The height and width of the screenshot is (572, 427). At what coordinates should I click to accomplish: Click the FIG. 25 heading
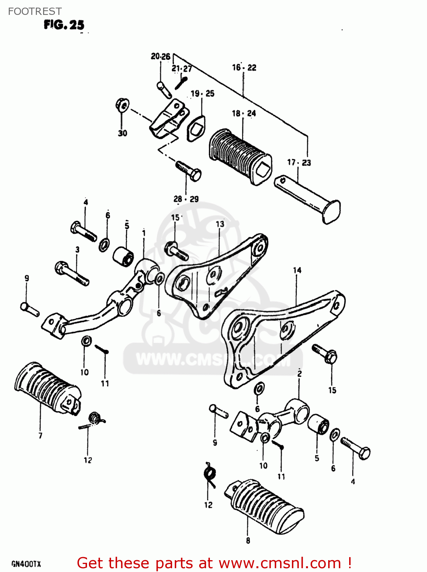click(x=64, y=25)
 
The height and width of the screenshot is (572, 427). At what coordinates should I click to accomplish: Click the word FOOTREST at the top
click(x=35, y=11)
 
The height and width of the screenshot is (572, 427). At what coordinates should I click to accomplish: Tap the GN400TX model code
click(x=26, y=564)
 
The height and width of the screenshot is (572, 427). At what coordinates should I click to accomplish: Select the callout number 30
click(x=122, y=133)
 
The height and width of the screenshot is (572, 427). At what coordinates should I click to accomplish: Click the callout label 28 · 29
click(x=186, y=199)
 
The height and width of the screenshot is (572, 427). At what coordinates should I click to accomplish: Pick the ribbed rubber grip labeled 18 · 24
click(x=239, y=156)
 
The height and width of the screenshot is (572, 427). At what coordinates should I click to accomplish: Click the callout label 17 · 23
click(x=299, y=163)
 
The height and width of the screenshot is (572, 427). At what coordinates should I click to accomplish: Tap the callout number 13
click(x=220, y=224)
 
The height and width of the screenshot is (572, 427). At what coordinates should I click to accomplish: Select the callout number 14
click(x=297, y=270)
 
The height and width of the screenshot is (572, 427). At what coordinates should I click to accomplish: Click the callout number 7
click(x=40, y=435)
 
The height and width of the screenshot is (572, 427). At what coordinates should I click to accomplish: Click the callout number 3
click(x=77, y=250)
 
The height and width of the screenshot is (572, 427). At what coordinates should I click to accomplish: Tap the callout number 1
click(x=143, y=233)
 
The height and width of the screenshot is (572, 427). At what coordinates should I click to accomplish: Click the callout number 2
click(x=300, y=374)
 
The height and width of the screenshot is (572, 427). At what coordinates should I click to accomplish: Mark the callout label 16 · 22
click(x=244, y=68)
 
